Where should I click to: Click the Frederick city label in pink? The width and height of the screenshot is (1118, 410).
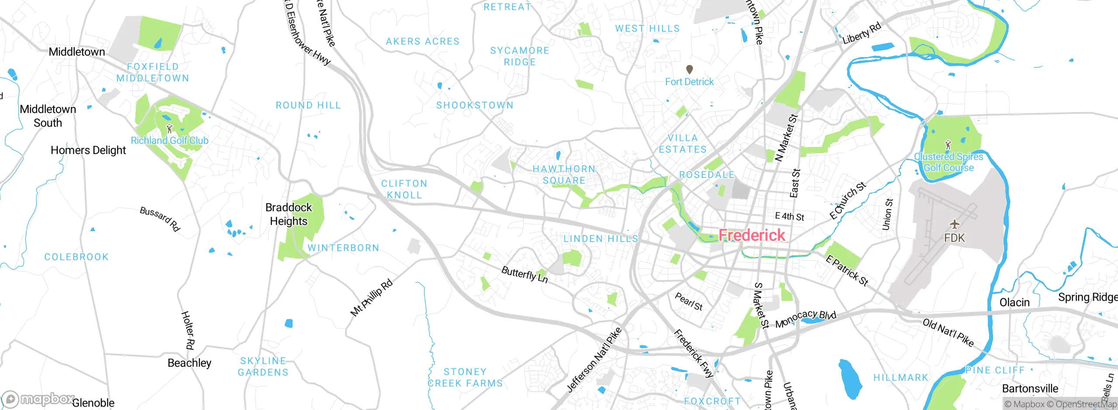click(752, 235)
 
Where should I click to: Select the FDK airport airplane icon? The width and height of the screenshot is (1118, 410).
click(955, 225)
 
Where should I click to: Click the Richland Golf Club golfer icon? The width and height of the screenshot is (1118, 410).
click(169, 129)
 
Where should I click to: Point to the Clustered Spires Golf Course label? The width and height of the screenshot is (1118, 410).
click(949, 162)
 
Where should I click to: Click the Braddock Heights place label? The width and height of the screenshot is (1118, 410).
click(289, 214)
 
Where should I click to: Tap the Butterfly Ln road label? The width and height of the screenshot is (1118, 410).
click(524, 274)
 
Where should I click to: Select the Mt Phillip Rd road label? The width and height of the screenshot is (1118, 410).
click(372, 297)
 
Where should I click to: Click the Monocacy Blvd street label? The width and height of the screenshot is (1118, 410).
click(806, 319)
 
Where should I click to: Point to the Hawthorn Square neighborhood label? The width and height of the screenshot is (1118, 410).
click(564, 175)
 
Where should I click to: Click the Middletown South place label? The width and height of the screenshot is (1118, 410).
click(48, 116)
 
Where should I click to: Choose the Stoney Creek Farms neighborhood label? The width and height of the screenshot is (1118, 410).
click(466, 378)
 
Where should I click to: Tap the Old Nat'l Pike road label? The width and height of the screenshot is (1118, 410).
click(948, 333)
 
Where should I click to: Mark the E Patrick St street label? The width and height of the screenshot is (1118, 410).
click(847, 270)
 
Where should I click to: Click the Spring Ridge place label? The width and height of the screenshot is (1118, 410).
click(1087, 297)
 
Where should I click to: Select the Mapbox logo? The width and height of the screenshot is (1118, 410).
click(37, 399)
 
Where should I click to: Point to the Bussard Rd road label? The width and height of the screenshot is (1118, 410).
click(160, 219)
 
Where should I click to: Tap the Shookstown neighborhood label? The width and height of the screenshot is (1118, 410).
click(475, 105)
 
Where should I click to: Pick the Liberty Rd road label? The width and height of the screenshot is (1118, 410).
click(862, 33)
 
